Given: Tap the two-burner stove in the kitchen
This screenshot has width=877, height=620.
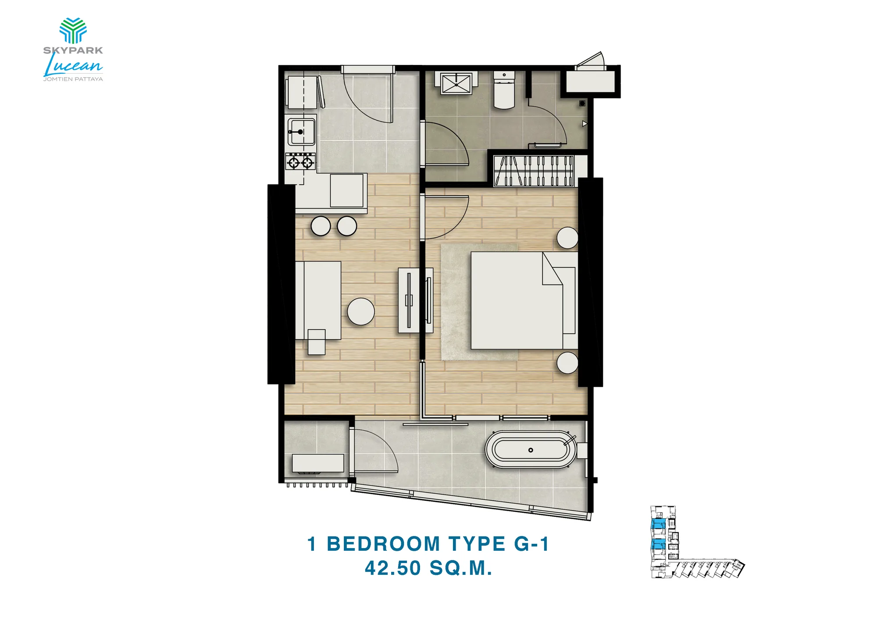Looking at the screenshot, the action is (x=300, y=161).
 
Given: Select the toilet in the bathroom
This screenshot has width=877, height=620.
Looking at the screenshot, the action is (x=504, y=90).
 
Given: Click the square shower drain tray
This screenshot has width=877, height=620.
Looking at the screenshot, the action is (x=456, y=83).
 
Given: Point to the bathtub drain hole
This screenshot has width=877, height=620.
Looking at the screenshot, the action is (x=531, y=450).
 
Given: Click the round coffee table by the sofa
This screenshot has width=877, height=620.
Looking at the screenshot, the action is (x=361, y=312).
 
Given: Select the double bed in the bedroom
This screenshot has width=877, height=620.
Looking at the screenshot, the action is (x=524, y=300).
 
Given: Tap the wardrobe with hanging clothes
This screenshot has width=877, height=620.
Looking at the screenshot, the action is (x=534, y=171).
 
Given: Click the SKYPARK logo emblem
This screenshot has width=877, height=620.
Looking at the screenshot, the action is (x=73, y=30).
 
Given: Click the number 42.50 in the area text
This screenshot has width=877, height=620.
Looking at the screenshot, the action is (x=393, y=568).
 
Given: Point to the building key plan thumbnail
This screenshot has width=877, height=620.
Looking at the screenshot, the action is (x=697, y=542).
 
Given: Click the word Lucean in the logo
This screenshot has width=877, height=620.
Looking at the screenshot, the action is (x=73, y=65).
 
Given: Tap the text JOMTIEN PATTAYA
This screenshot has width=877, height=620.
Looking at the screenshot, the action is (x=73, y=79).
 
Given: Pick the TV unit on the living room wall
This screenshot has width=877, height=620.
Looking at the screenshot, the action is (x=409, y=300).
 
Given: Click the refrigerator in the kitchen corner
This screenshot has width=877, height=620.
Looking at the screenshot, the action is (x=302, y=92).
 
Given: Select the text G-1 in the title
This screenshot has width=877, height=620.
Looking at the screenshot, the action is (x=531, y=544).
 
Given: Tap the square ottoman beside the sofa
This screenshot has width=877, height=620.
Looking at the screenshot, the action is (x=317, y=342).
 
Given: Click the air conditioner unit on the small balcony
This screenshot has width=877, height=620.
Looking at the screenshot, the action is (x=318, y=464).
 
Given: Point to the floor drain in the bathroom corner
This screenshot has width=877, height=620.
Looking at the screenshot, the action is (x=582, y=103).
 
